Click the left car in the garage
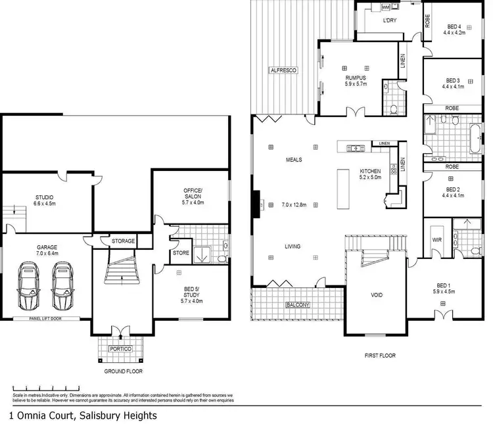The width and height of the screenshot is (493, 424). (x=29, y=287)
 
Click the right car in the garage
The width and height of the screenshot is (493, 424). (x=62, y=287)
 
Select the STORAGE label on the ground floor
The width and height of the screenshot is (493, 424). (x=123, y=241)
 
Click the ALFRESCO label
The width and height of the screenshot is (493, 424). (x=283, y=70)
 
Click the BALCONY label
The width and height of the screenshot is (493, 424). (x=298, y=305)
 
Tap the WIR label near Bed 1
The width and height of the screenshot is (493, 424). (x=437, y=241)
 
